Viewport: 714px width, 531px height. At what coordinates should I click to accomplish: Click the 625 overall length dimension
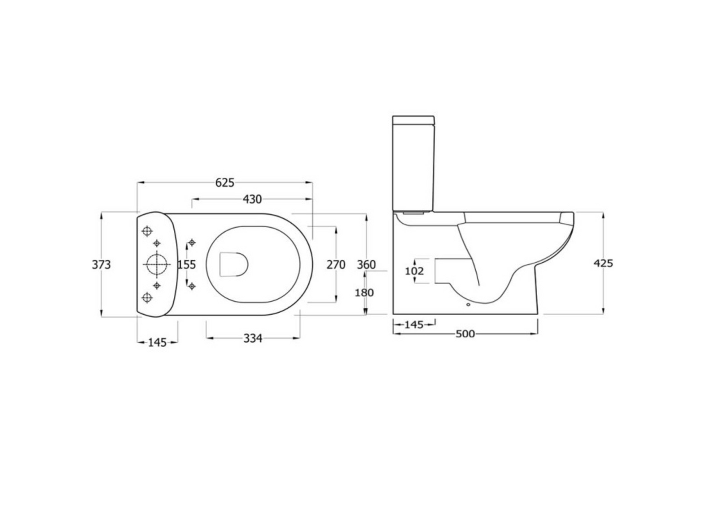coord(224,183)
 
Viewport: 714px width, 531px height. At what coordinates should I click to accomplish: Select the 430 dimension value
coord(252,200)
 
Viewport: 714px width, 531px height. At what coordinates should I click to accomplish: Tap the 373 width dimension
coord(101,265)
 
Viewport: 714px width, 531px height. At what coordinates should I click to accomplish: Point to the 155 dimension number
coord(187,265)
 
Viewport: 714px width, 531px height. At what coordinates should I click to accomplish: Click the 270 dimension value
coord(336,265)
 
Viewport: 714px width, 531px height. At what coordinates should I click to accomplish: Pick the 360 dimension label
coord(366,265)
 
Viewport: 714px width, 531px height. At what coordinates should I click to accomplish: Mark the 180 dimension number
coord(364,292)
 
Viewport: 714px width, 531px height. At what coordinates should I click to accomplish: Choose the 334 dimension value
coord(252,338)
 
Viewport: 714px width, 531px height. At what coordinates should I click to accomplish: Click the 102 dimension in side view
coord(414,271)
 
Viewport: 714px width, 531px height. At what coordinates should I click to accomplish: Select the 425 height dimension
coord(603,263)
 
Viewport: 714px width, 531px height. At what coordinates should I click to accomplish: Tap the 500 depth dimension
coord(464,334)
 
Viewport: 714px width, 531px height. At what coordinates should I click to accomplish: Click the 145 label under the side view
coord(414,325)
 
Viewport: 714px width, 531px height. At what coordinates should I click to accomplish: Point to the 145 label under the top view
coord(158,342)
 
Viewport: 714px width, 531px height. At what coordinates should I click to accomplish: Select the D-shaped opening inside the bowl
coord(233,264)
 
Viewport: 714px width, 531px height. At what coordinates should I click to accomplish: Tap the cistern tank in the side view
coord(414,163)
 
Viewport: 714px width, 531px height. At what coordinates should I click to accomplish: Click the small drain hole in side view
coord(468,305)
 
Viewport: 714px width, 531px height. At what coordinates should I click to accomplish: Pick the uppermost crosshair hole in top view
coord(147,231)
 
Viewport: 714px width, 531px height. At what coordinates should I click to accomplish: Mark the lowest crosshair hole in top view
coord(147,297)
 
